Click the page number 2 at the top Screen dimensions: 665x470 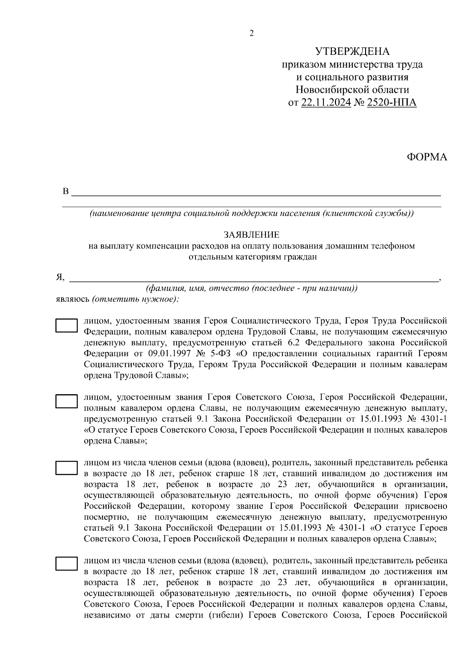[251, 34]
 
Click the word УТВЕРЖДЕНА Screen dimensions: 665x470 [352, 52]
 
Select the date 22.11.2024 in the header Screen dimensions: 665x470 [326, 103]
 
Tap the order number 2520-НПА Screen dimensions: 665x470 [392, 103]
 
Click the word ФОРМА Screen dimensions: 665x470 [427, 157]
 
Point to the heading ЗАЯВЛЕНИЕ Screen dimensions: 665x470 [251, 235]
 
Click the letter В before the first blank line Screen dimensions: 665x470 [66, 192]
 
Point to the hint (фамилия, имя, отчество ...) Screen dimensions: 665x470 [251, 288]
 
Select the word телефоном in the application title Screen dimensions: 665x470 [393, 246]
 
